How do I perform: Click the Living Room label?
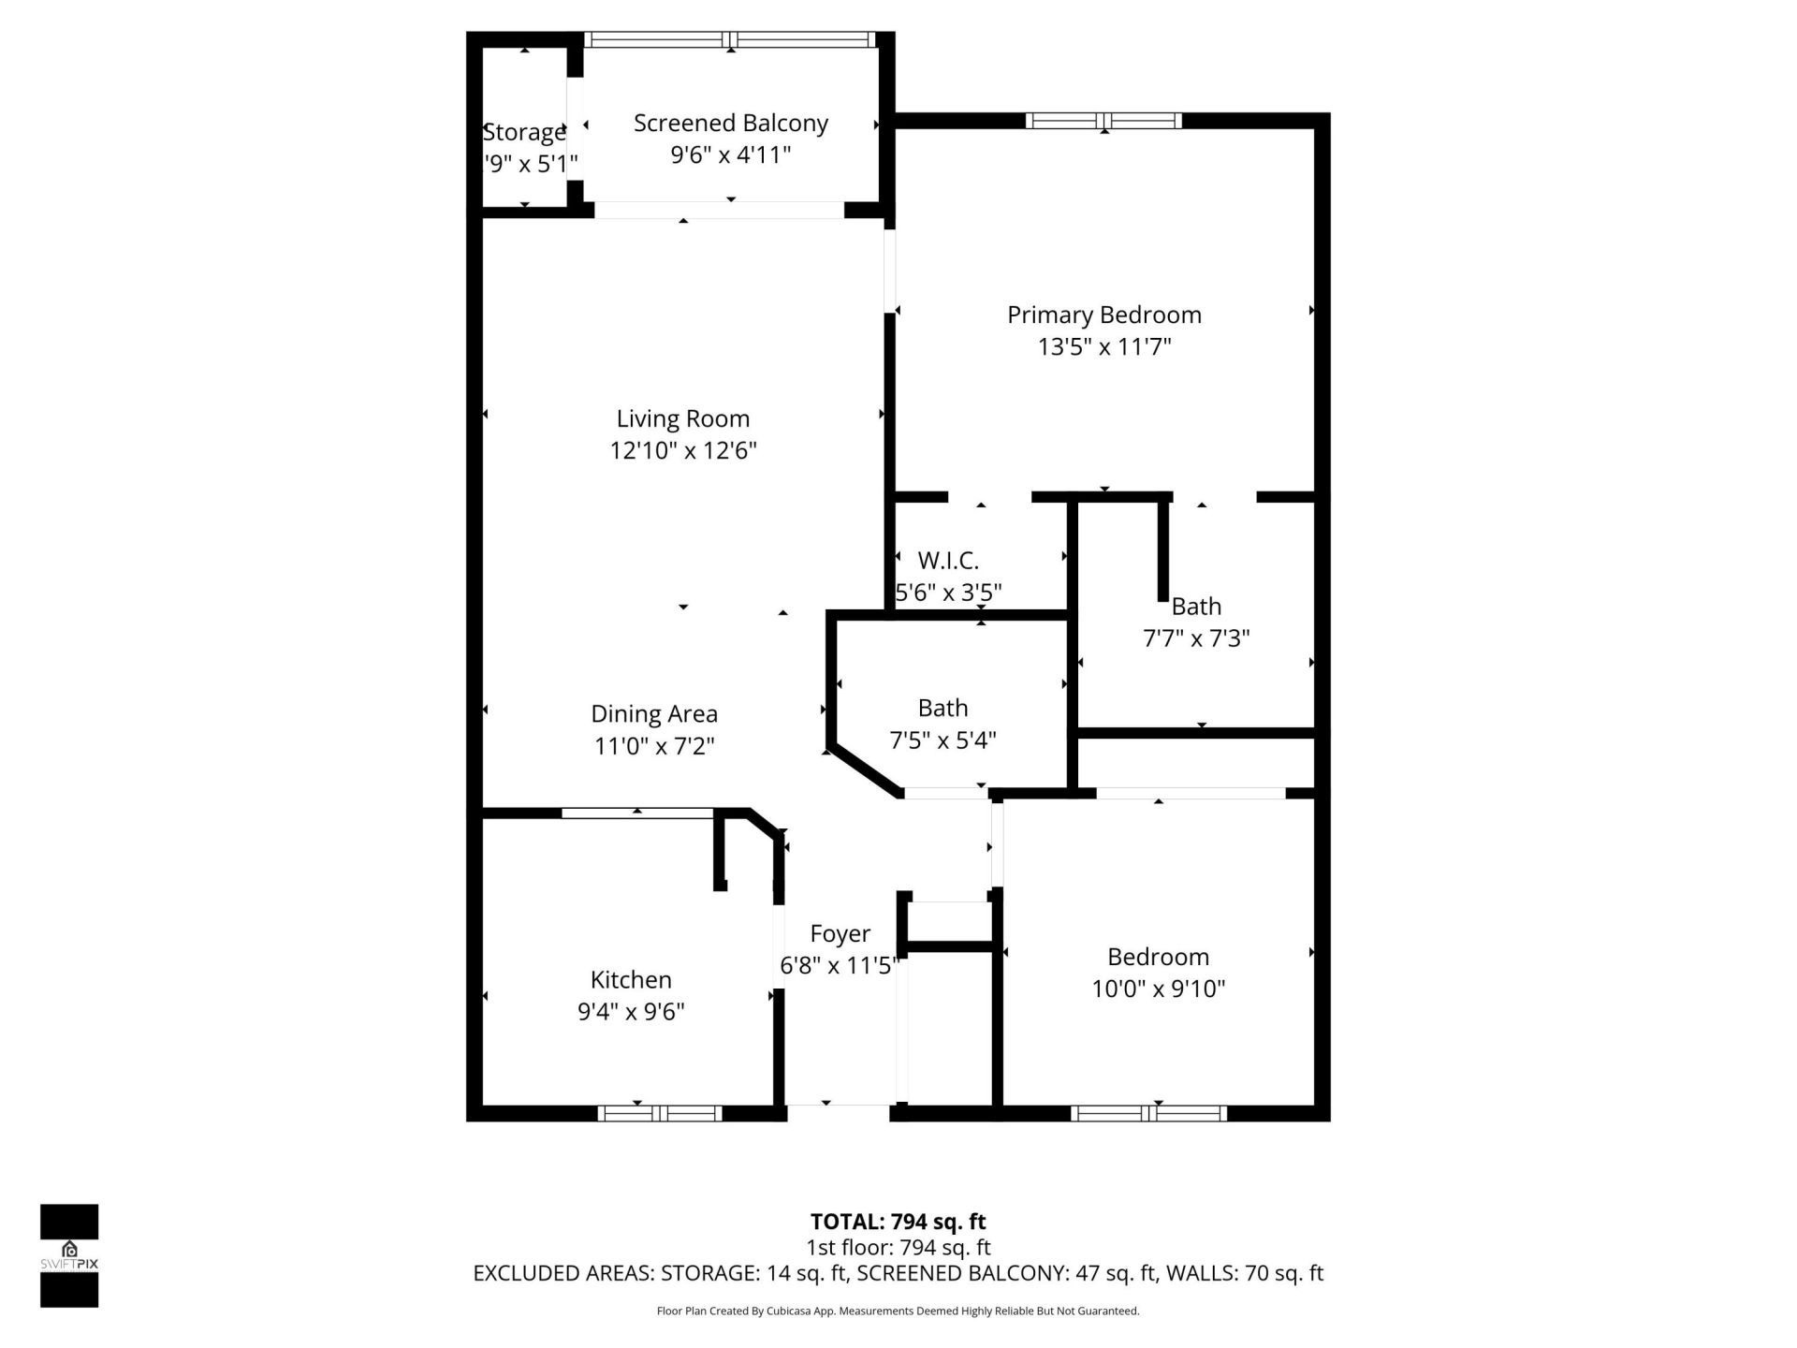click(682, 418)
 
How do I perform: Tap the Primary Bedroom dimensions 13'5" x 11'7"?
click(1104, 347)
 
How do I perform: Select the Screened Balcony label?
click(730, 124)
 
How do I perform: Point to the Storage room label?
click(524, 132)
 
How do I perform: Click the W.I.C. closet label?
click(948, 561)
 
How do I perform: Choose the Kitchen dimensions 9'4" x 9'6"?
click(631, 1012)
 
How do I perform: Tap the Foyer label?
click(840, 933)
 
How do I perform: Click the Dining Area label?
click(653, 714)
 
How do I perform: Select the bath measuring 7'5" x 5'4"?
click(942, 724)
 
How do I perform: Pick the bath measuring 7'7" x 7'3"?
click(1196, 623)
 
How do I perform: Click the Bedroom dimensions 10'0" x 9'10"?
click(1158, 989)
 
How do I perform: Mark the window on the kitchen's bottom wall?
click(660, 1113)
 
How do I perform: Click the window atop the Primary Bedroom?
click(1103, 121)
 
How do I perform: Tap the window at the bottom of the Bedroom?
click(1148, 1113)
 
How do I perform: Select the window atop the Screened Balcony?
click(730, 39)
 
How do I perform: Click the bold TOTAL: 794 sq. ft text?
click(898, 1222)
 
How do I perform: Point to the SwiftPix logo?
click(69, 1255)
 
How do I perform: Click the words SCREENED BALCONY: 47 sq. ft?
click(963, 1273)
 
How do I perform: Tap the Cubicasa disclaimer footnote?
click(898, 1311)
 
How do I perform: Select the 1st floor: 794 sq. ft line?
click(898, 1248)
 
